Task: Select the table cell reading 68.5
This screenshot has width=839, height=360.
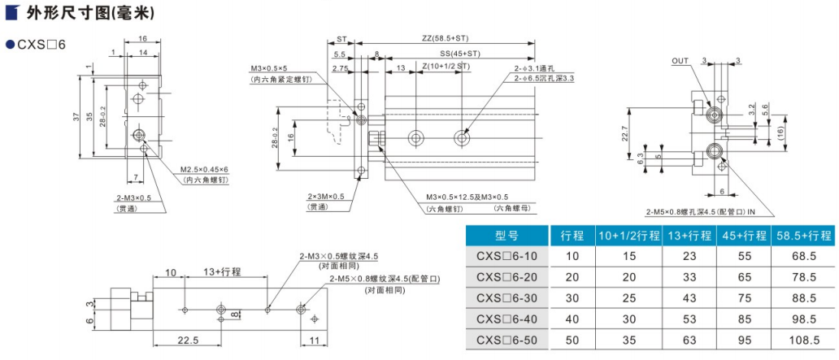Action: [x=802, y=256]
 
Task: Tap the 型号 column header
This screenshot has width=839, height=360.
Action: [x=508, y=236]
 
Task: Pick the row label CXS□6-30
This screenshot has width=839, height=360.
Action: [x=507, y=297]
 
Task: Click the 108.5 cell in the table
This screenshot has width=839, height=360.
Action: [x=802, y=339]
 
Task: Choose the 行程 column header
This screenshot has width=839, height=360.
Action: [x=572, y=236]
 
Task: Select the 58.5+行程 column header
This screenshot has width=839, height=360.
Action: [x=802, y=236]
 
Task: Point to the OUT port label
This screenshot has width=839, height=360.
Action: [x=680, y=60]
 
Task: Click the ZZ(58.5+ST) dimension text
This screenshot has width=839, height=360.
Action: [x=445, y=38]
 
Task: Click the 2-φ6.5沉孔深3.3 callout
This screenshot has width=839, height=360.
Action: [x=543, y=78]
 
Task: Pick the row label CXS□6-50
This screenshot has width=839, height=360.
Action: [x=507, y=339]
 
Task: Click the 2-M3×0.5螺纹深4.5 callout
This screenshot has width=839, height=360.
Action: [x=338, y=256]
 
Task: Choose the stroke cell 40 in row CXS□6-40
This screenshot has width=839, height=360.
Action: [x=572, y=319]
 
